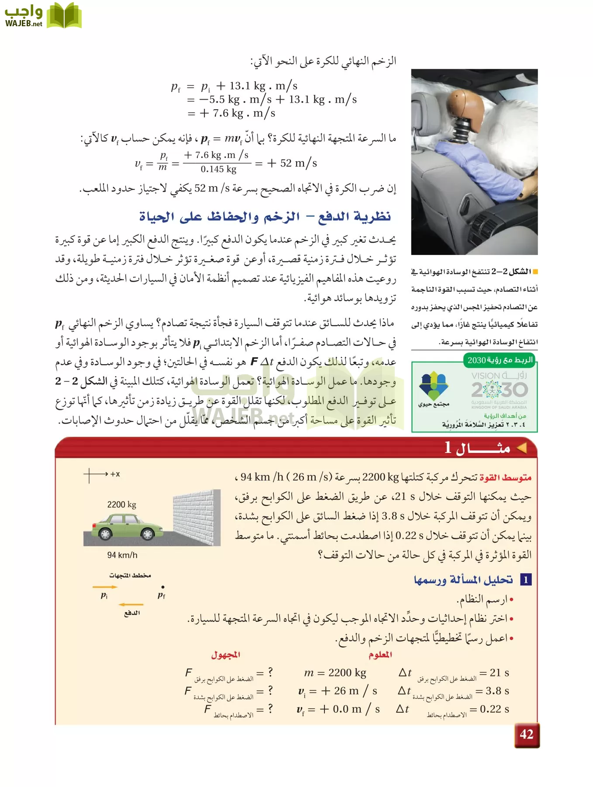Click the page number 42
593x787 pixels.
pyautogui.click(x=527, y=735)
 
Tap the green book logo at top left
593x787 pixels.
pyautogui.click(x=64, y=16)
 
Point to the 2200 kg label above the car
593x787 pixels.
pyautogui.click(x=121, y=505)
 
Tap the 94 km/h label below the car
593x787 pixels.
pyautogui.click(x=122, y=555)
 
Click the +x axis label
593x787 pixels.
pyautogui.click(x=115, y=474)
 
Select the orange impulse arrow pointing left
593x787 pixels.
pyautogui.click(x=131, y=605)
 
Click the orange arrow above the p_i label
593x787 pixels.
pyautogui.click(x=105, y=587)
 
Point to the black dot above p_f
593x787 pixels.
pyautogui.click(x=163, y=587)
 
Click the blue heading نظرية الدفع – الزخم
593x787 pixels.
pyautogui.click(x=265, y=216)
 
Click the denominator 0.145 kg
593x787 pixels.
pyautogui.click(x=218, y=169)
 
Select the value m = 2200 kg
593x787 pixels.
pyautogui.click(x=335, y=672)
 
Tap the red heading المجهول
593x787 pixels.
pyautogui.click(x=225, y=655)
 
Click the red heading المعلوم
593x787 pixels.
pyautogui.click(x=380, y=655)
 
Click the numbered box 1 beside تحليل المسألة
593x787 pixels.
pyautogui.click(x=526, y=580)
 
